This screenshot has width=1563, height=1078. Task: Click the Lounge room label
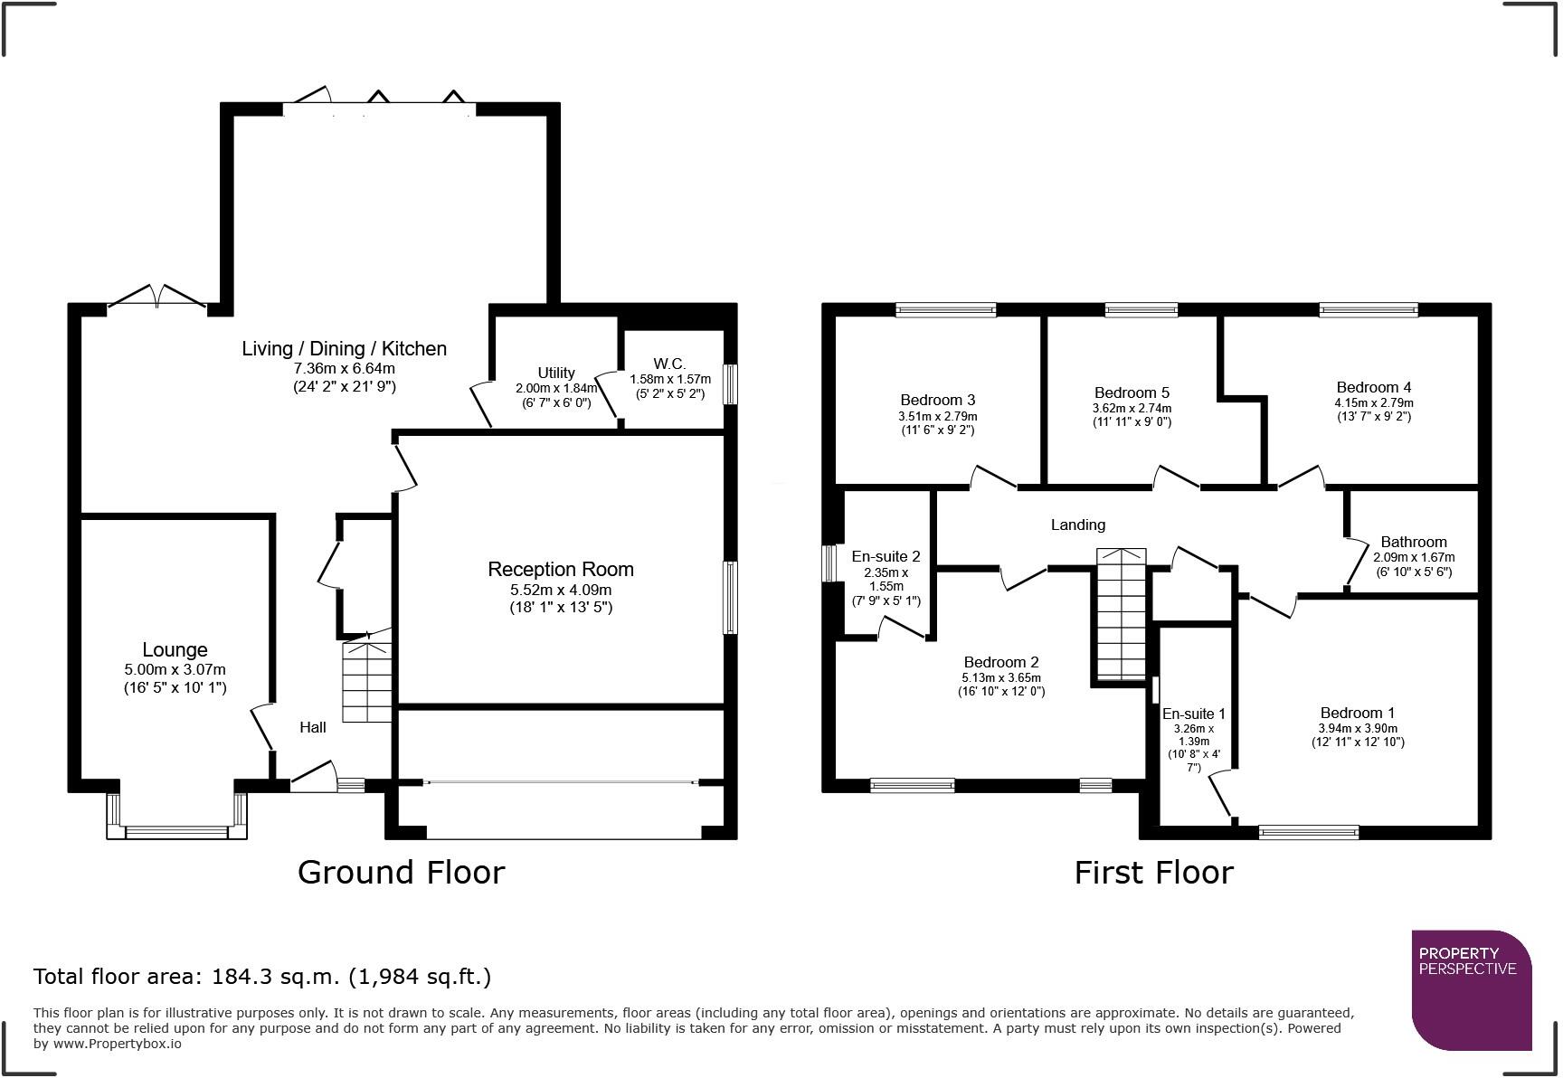175,649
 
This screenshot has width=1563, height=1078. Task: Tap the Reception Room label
561,569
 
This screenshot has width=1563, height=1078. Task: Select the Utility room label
556,373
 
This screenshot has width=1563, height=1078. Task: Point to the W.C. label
670,364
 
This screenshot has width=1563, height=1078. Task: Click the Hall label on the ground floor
313,727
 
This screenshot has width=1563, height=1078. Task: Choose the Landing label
1078,525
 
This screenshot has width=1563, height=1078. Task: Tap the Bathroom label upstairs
1414,543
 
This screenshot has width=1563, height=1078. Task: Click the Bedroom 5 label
1132,392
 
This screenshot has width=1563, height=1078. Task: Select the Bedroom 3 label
938,400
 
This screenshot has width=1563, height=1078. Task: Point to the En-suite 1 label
1194,714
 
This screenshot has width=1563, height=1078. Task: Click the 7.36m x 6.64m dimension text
345,369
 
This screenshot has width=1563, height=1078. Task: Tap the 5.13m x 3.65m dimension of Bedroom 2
1001,678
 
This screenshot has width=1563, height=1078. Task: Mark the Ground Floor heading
401,873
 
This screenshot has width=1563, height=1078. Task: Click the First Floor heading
1153,873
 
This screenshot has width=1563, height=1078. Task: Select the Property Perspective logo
1472,990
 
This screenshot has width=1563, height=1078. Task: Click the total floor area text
262,977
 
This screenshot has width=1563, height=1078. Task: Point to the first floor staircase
1122,615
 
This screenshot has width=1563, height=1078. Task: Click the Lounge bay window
176,816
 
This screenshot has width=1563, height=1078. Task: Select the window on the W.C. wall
730,383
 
